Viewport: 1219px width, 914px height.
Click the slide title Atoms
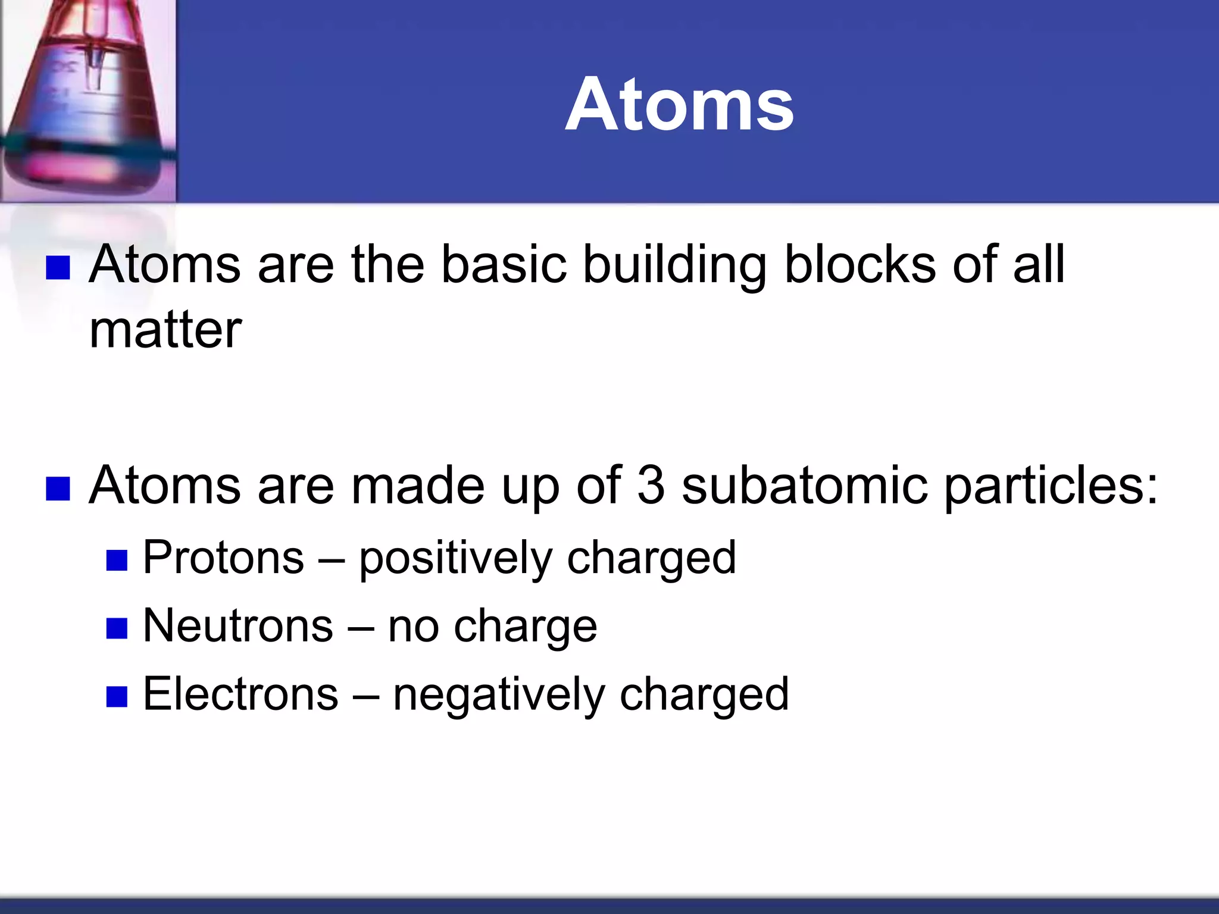coord(679,105)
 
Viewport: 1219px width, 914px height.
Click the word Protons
coord(223,558)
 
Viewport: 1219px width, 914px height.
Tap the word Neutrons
coord(238,626)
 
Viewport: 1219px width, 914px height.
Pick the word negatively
coord(498,695)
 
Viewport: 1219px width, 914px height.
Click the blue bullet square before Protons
coord(117,561)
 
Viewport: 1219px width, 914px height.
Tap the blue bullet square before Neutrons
coord(117,628)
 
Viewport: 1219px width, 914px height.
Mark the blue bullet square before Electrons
coord(117,696)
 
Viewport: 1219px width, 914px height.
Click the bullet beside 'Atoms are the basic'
coord(58,268)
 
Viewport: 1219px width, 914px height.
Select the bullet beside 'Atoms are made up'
coord(58,489)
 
